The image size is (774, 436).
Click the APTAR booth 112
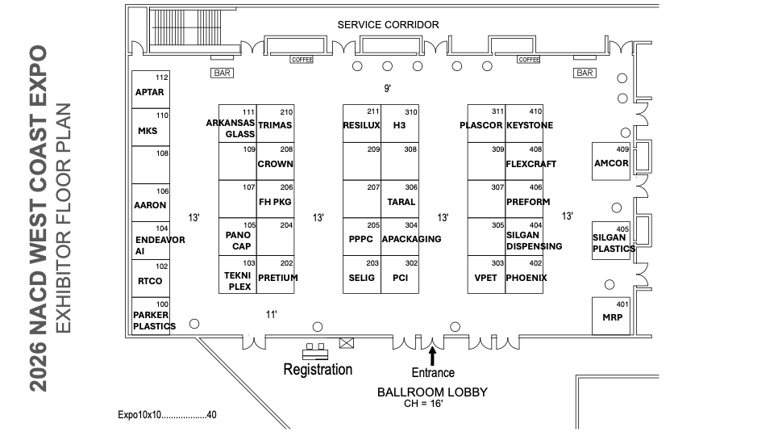click(x=151, y=90)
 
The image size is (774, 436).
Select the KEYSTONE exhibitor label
click(x=530, y=126)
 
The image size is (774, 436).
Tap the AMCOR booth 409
click(x=610, y=161)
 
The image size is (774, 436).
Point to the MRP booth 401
click(x=611, y=316)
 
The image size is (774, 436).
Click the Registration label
click(x=318, y=369)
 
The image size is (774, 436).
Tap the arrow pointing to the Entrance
click(x=433, y=354)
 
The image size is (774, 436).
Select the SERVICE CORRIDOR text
click(x=388, y=25)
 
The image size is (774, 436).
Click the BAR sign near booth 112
click(x=222, y=73)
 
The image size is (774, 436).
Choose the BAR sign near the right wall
click(x=585, y=73)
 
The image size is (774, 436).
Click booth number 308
click(x=411, y=149)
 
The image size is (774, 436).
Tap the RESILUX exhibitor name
click(x=361, y=126)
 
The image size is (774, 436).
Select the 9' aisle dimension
click(x=387, y=87)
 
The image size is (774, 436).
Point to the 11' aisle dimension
click(x=272, y=314)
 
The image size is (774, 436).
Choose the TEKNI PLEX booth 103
click(x=238, y=276)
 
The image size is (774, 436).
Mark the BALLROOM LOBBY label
click(x=432, y=392)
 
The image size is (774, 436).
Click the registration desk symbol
click(x=316, y=351)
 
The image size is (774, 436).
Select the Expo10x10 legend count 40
click(x=211, y=415)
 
